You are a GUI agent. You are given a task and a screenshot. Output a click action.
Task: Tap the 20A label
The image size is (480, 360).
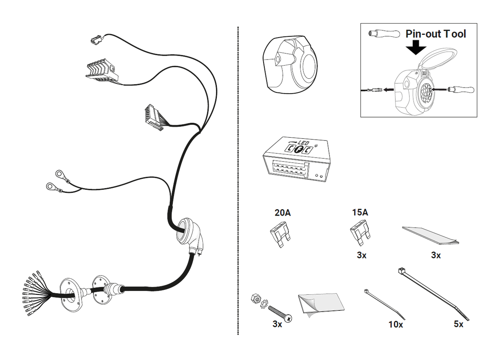point(283,213)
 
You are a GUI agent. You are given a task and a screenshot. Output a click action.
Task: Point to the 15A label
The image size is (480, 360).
point(360,212)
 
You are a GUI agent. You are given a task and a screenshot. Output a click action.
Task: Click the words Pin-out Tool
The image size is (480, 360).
point(436,34)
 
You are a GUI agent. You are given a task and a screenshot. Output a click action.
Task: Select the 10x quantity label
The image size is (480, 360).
point(396,325)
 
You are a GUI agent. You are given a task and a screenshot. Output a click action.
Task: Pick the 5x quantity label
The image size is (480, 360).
point(458,324)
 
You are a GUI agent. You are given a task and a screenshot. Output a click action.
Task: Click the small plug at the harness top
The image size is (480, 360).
point(96,39)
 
